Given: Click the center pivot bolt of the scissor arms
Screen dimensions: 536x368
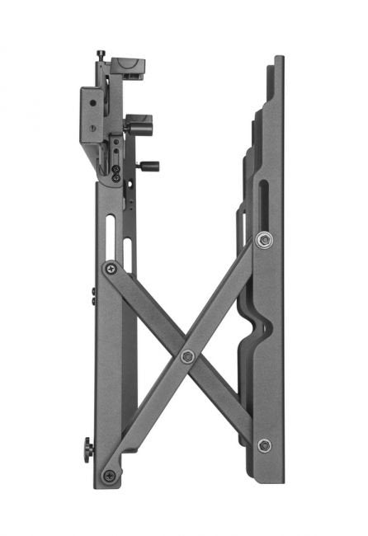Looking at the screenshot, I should [187, 356].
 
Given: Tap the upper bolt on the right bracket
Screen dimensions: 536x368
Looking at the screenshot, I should [263, 239].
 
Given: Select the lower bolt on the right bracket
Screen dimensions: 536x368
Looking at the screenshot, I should [264, 445].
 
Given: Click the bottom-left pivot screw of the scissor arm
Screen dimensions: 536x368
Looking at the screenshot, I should [109, 475].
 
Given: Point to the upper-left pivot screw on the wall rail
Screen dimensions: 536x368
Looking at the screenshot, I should [110, 268].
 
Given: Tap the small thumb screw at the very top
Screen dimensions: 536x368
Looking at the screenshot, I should [101, 55].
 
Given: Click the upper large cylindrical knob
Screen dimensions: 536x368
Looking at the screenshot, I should [134, 129].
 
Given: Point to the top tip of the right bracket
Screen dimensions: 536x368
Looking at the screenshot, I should [279, 59].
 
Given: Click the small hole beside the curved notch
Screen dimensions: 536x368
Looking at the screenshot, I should [266, 327].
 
